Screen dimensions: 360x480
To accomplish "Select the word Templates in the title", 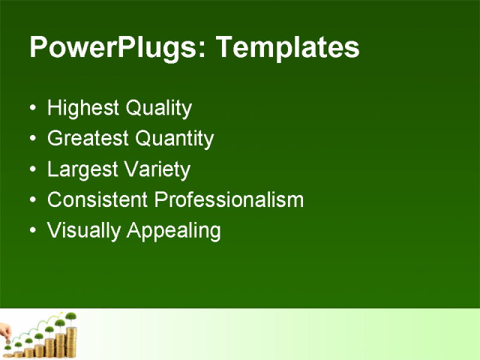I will coord(287,48).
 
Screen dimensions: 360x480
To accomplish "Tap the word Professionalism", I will coord(228,200).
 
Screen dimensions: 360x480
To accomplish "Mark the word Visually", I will coord(83,231).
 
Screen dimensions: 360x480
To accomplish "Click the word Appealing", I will coord(174,231).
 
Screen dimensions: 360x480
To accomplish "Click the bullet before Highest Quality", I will coord(31,109).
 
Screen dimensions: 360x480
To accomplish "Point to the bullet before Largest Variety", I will coord(31,169).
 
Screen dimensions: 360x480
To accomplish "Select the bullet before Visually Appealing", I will coord(31,230).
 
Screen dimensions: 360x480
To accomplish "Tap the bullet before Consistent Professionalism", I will coord(31,200).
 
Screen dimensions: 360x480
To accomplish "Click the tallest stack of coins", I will coord(72,341).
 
